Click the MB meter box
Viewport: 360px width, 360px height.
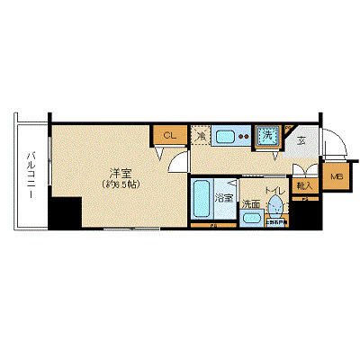click(337, 177)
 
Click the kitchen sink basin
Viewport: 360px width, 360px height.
click(225, 137)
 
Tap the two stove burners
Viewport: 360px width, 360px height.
click(244, 137)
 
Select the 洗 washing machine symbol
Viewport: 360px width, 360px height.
click(267, 136)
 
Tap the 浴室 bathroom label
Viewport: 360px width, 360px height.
click(225, 197)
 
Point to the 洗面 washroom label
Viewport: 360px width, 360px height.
click(251, 204)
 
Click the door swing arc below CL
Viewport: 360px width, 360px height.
click(179, 160)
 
